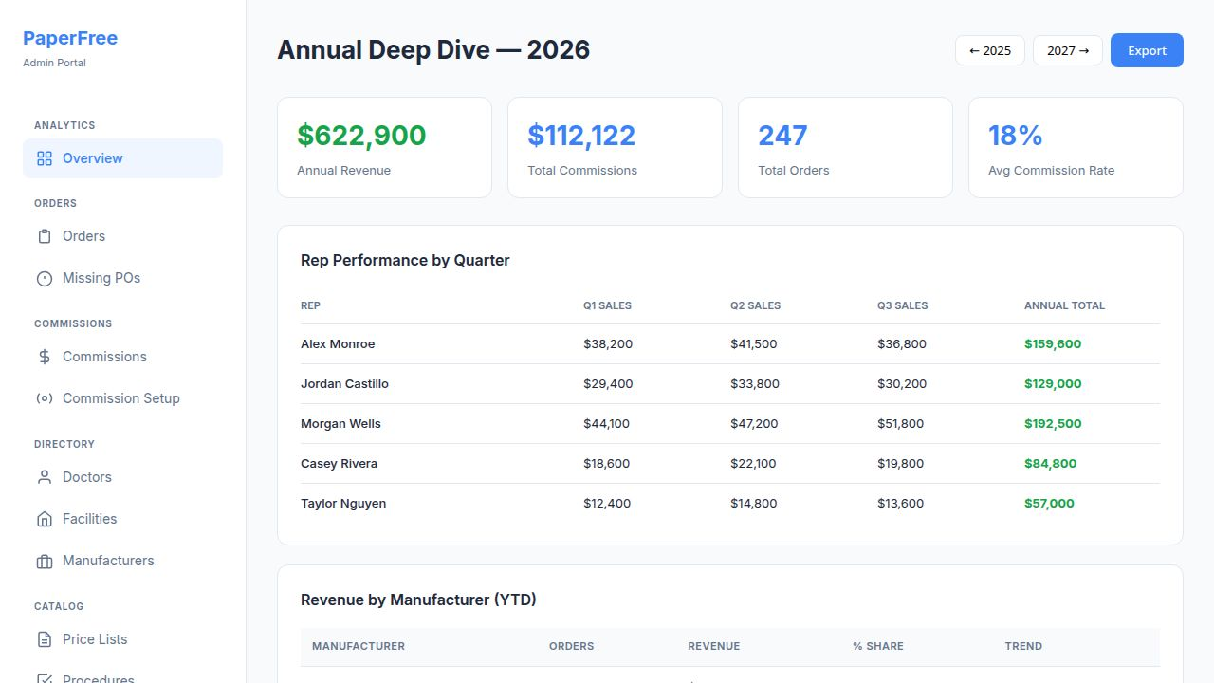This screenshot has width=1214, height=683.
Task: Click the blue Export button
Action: pyautogui.click(x=1147, y=50)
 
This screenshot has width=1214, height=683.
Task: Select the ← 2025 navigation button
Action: pyautogui.click(x=989, y=50)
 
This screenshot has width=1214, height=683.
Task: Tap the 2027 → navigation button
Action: pyautogui.click(x=1068, y=50)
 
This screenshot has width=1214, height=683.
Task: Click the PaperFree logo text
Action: pyautogui.click(x=70, y=39)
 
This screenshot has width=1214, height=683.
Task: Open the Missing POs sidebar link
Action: pyautogui.click(x=101, y=278)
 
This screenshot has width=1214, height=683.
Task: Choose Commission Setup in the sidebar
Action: pyautogui.click(x=120, y=398)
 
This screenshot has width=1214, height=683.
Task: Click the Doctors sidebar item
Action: pyautogui.click(x=86, y=477)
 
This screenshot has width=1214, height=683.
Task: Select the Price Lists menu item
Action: pyautogui.click(x=94, y=639)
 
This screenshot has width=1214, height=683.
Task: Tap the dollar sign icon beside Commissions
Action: pyautogui.click(x=45, y=357)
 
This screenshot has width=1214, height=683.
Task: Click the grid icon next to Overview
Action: pyautogui.click(x=45, y=158)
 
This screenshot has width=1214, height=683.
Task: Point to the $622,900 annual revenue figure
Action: pyautogui.click(x=361, y=136)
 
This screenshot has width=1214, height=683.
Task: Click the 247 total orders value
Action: pyautogui.click(x=782, y=136)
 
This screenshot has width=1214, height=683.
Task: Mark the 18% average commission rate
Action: pyautogui.click(x=1015, y=136)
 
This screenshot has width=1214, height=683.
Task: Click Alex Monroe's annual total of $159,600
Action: pyautogui.click(x=1052, y=344)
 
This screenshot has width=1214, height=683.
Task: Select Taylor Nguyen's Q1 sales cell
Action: pyautogui.click(x=607, y=504)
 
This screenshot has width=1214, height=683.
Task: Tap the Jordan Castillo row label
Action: pyautogui.click(x=344, y=384)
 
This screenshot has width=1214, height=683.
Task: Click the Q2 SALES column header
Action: pyautogui.click(x=755, y=305)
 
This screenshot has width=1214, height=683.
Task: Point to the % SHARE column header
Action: pyautogui.click(x=877, y=646)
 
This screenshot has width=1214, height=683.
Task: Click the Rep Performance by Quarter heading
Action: pyautogui.click(x=405, y=260)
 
